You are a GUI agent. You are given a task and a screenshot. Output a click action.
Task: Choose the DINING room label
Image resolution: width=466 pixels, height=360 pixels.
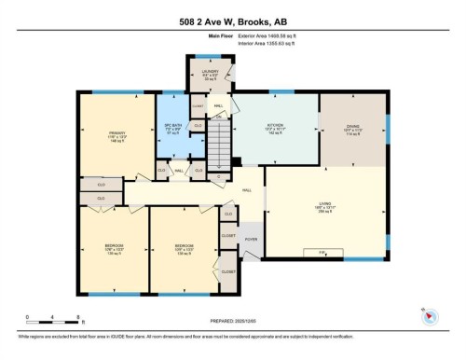click(x=352, y=128)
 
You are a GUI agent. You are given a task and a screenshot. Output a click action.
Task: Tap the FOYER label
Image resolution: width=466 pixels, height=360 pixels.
click(x=251, y=240)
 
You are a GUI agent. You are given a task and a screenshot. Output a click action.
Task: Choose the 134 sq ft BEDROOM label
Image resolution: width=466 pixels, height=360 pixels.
click(x=182, y=250)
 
